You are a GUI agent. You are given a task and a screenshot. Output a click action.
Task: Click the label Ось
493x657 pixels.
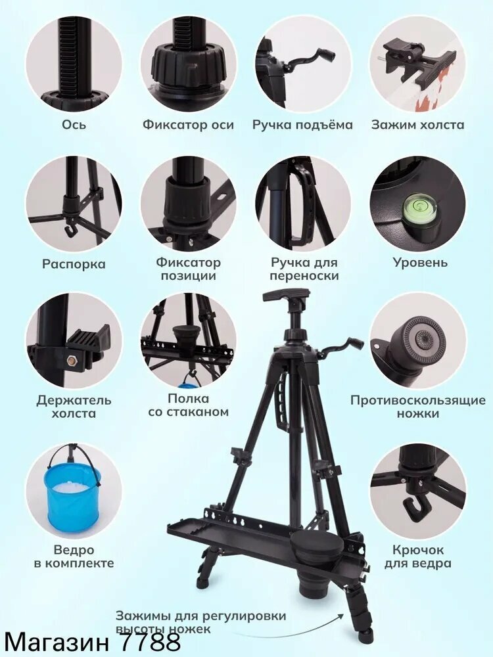(x=74, y=124)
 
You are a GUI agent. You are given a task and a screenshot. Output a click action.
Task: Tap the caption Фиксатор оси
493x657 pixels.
(x=188, y=124)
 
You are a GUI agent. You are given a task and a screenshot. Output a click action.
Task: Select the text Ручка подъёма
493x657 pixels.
(x=302, y=125)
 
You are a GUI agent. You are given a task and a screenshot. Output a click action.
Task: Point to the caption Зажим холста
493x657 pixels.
(x=417, y=124)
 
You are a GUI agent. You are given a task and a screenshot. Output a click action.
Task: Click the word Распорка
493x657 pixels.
(x=74, y=264)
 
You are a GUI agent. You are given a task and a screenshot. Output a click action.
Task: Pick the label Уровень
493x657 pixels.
(x=420, y=262)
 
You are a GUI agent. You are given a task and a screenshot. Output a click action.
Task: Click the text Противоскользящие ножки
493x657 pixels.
(x=418, y=407)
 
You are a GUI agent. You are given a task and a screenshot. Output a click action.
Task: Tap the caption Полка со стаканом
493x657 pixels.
(x=188, y=405)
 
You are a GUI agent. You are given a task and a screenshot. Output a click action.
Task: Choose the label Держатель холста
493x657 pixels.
(x=74, y=407)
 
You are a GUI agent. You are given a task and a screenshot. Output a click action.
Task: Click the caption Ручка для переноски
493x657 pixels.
(x=304, y=269)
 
